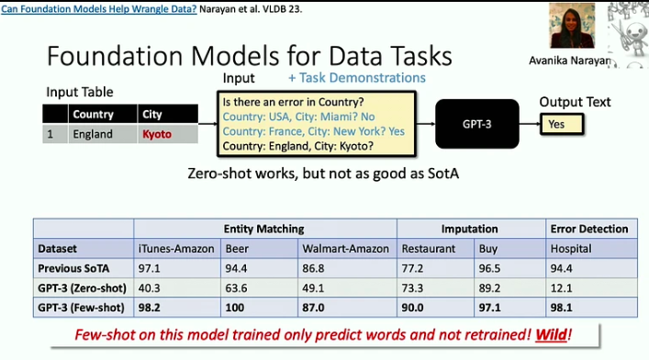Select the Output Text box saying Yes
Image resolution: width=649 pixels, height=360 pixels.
point(565,122)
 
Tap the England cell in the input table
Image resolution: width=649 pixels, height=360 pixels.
point(93,134)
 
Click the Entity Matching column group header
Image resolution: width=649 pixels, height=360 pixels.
point(264,229)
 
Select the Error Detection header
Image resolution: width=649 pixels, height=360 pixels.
point(588,229)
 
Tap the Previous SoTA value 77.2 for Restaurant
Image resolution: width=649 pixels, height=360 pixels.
point(416,267)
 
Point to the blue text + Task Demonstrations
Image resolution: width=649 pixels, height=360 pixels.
point(356,78)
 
